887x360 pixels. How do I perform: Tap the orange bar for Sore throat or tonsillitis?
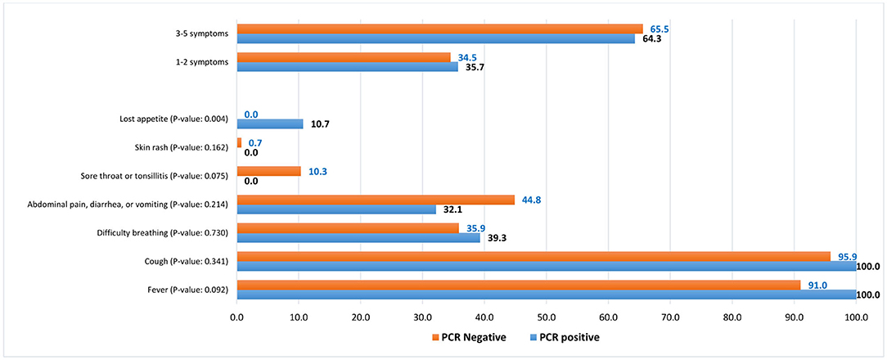click(x=268, y=171)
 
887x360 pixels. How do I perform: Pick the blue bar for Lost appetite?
click(x=269, y=124)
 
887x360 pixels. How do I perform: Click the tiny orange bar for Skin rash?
click(x=239, y=142)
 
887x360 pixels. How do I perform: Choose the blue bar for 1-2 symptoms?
click(x=347, y=66)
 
